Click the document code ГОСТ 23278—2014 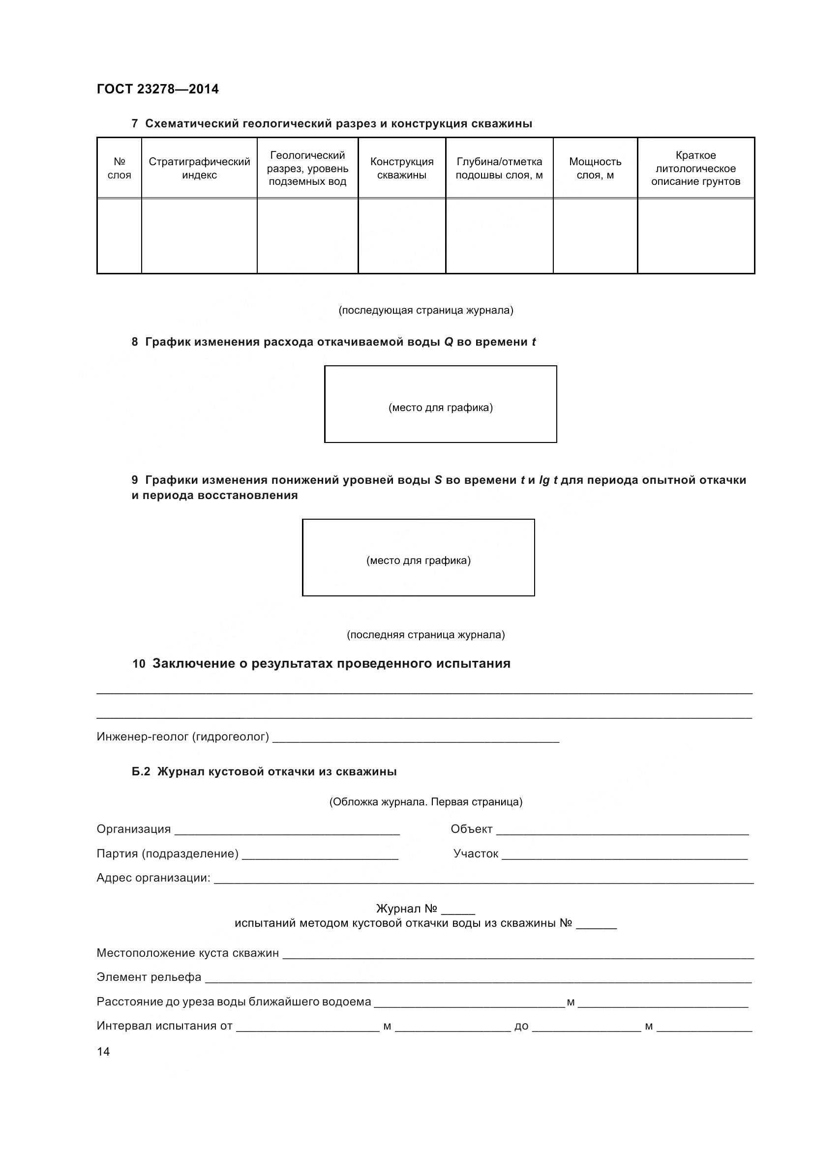coord(158,89)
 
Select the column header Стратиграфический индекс coord(199,168)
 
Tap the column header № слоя coord(119,168)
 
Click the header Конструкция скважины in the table coord(402,168)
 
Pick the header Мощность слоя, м coord(595,168)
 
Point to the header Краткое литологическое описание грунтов coord(696,168)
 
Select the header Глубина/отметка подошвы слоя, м coord(499,168)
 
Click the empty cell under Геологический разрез coord(307,236)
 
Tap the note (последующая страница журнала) coord(426,310)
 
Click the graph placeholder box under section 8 coord(440,404)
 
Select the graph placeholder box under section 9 coord(418,557)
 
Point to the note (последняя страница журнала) coord(426,635)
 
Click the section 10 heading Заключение coord(331,664)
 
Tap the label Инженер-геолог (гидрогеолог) coord(183,737)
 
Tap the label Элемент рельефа coord(149,977)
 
